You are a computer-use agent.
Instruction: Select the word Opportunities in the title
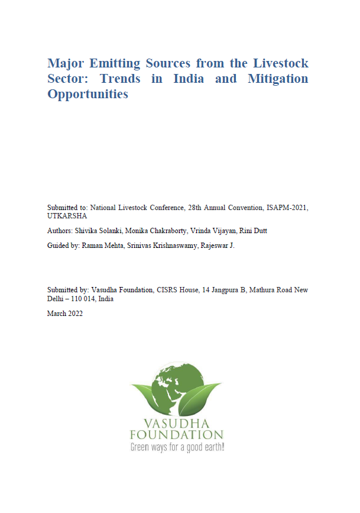tap(87, 94)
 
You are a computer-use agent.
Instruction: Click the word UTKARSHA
tap(67, 216)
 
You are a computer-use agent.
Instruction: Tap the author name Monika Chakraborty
tap(157, 231)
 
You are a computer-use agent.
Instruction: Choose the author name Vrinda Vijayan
tap(213, 231)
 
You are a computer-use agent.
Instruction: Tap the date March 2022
tap(65, 314)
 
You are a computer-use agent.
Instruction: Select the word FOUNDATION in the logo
tap(177, 434)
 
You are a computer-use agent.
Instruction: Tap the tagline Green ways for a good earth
tap(177, 447)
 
